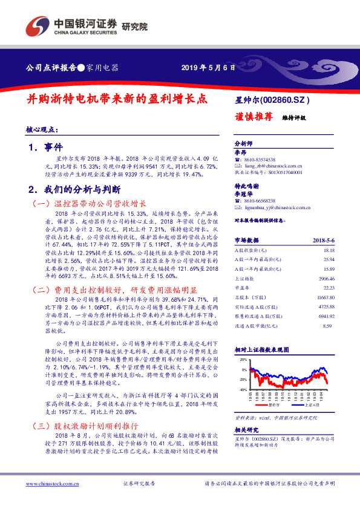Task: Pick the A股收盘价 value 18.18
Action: point(329,250)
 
